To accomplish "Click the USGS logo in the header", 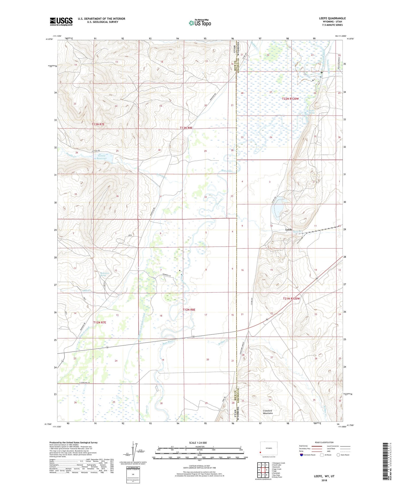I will [x=61, y=21].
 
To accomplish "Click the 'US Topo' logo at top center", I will [x=200, y=23].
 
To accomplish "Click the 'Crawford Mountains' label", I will [x=267, y=412].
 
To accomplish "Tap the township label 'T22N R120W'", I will [x=290, y=99].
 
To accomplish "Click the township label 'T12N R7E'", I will [x=100, y=322].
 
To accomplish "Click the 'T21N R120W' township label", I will [x=291, y=298].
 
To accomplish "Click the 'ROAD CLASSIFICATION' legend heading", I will [x=324, y=442].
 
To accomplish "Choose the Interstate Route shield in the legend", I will [x=302, y=455].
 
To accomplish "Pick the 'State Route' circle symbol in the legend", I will [x=338, y=455].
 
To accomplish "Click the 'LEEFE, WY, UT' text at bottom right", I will [x=324, y=476].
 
